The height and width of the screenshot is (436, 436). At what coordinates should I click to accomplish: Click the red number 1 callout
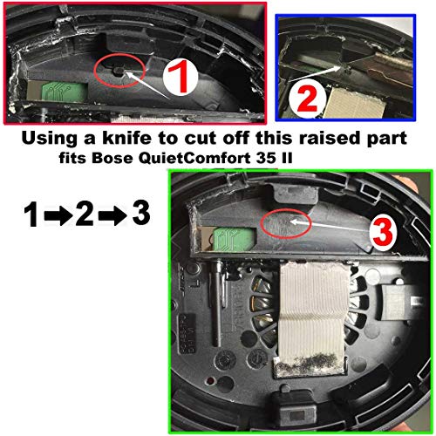pos(181,78)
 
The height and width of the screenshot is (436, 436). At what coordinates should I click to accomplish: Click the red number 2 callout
pos(307,99)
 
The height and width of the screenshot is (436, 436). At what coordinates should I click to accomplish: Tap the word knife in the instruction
pos(126,138)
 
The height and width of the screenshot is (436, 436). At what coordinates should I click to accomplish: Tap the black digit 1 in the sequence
pos(31,215)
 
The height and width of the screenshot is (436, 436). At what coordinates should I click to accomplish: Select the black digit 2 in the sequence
pos(85,215)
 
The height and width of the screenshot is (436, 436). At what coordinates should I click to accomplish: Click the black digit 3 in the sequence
pos(141,213)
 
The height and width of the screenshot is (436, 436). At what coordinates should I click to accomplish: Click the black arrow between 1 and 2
pos(58,215)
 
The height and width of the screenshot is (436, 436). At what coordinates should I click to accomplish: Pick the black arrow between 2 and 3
pos(112,215)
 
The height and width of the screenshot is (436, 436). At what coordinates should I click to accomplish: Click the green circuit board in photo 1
pos(65,91)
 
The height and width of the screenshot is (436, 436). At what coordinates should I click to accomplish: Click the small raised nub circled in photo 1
pos(119,71)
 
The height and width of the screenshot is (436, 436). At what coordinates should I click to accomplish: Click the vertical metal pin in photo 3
pos(217,303)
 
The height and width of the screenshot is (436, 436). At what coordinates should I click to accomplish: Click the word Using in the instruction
pos(51,139)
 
